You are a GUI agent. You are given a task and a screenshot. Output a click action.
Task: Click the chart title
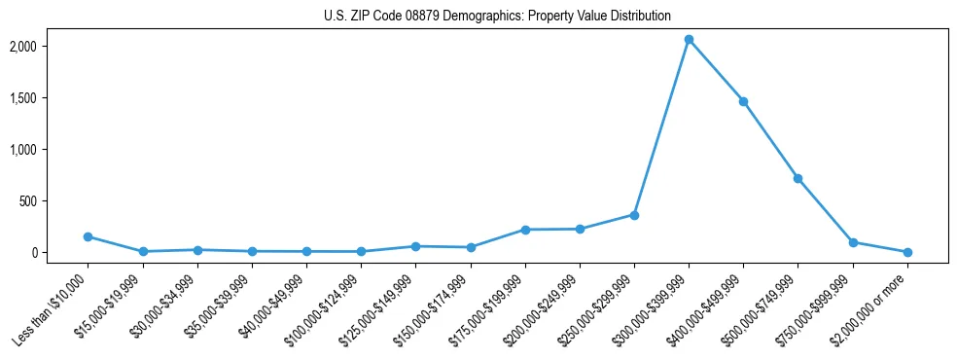[497, 17]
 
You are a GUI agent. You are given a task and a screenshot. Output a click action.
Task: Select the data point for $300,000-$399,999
[689, 40]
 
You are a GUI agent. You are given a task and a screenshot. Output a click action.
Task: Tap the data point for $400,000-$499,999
[743, 101]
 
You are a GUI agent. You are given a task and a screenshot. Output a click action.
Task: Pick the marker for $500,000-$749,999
[797, 178]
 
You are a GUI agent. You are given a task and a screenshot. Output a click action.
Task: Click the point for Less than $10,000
[89, 236]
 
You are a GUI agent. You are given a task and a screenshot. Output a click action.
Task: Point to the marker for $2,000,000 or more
[906, 252]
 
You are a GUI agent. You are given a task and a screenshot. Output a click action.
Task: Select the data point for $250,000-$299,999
[634, 215]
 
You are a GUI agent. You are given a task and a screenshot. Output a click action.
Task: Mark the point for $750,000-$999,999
[852, 242]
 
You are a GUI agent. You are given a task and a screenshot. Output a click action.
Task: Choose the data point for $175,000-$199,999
[525, 230]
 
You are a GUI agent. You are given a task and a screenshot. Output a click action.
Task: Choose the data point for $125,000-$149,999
[416, 246]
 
